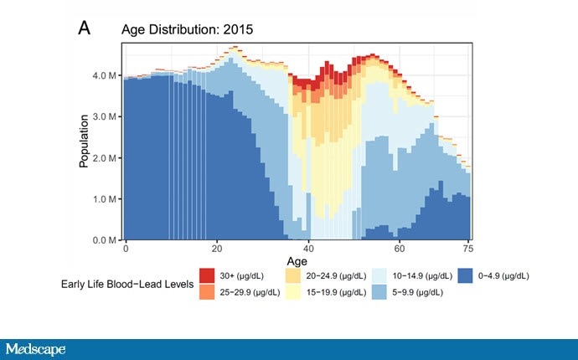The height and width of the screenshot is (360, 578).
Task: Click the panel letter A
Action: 85,28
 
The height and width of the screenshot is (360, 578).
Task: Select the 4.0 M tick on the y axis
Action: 103,75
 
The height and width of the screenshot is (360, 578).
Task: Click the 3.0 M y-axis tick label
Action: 103,116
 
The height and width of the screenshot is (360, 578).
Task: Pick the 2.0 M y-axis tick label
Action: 103,158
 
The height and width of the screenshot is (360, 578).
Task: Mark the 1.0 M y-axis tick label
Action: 103,199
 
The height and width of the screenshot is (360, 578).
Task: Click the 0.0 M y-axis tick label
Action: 103,240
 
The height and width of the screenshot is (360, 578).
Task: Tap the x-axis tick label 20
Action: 217,249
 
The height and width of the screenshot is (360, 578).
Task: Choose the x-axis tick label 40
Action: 308,249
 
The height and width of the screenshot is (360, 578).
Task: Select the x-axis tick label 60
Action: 400,249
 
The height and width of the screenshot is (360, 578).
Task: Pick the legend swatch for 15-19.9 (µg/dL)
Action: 292,291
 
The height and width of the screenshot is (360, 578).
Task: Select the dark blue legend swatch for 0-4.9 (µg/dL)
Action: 466,275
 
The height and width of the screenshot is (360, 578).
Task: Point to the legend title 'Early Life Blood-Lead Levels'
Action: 127,283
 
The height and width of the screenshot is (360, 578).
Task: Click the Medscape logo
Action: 36,348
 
